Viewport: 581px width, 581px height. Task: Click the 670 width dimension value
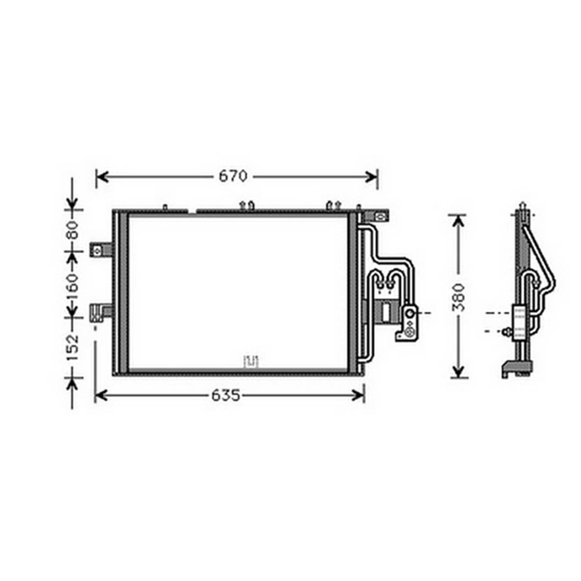pyautogui.click(x=233, y=176)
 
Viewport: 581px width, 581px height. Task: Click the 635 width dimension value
pyautogui.click(x=226, y=396)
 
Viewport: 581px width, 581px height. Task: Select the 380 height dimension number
pyautogui.click(x=459, y=297)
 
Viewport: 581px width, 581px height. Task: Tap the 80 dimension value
pyautogui.click(x=73, y=230)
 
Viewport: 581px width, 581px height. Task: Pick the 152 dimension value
pyautogui.click(x=73, y=347)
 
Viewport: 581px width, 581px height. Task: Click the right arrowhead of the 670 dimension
pyautogui.click(x=371, y=177)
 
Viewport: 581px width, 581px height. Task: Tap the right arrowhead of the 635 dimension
pyautogui.click(x=358, y=396)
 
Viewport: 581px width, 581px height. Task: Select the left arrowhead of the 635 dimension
pyautogui.click(x=101, y=396)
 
